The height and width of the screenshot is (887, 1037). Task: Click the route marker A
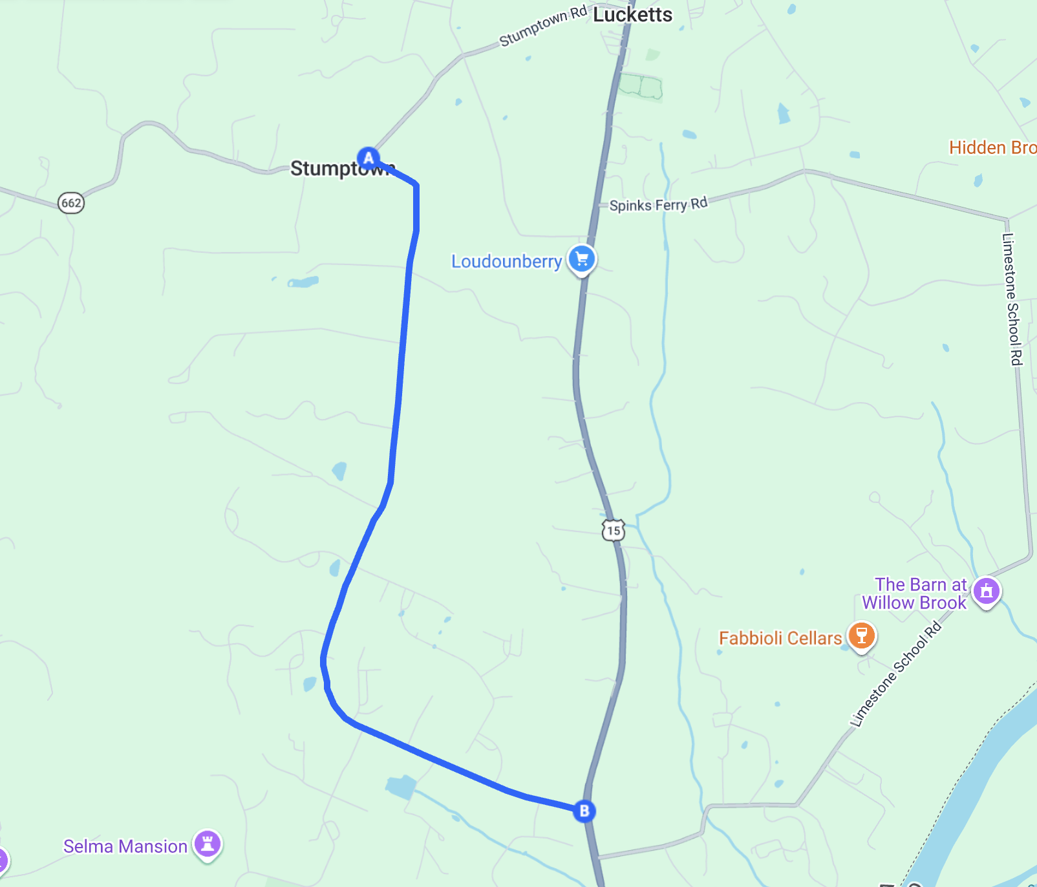pyautogui.click(x=369, y=158)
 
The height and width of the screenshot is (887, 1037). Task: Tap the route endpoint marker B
pyautogui.click(x=584, y=811)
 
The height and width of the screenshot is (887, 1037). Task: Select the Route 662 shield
pyautogui.click(x=71, y=203)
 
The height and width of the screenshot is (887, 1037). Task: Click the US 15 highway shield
pyautogui.click(x=614, y=530)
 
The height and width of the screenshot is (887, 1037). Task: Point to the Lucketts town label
pyautogui.click(x=632, y=15)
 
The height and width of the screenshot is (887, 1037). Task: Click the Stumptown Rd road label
pyautogui.click(x=543, y=27)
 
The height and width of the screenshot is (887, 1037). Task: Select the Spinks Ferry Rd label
pyautogui.click(x=658, y=205)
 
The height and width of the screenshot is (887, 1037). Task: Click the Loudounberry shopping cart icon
pyautogui.click(x=582, y=259)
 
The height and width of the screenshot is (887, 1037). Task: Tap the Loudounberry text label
pyautogui.click(x=506, y=261)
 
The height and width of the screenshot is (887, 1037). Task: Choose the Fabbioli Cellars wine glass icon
pyautogui.click(x=861, y=635)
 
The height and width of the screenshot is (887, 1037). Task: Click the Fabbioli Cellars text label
pyautogui.click(x=780, y=638)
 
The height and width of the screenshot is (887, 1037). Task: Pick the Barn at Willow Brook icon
pyautogui.click(x=987, y=590)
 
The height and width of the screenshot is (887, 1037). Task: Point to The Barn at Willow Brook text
pyautogui.click(x=914, y=593)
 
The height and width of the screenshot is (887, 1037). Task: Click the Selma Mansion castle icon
pyautogui.click(x=208, y=844)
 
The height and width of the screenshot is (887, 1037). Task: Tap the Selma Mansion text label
pyautogui.click(x=125, y=846)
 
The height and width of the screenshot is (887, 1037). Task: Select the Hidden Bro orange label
pyautogui.click(x=992, y=148)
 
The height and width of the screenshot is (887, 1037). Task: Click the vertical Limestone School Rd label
pyautogui.click(x=1012, y=299)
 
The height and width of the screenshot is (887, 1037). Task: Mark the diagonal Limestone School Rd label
pyautogui.click(x=896, y=675)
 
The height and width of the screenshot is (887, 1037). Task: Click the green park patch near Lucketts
pyautogui.click(x=640, y=86)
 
